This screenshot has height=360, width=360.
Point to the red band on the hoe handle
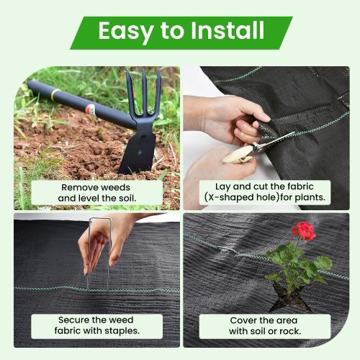pyautogui.click(x=91, y=109)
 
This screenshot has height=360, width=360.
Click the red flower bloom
pyautogui.click(x=304, y=231)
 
